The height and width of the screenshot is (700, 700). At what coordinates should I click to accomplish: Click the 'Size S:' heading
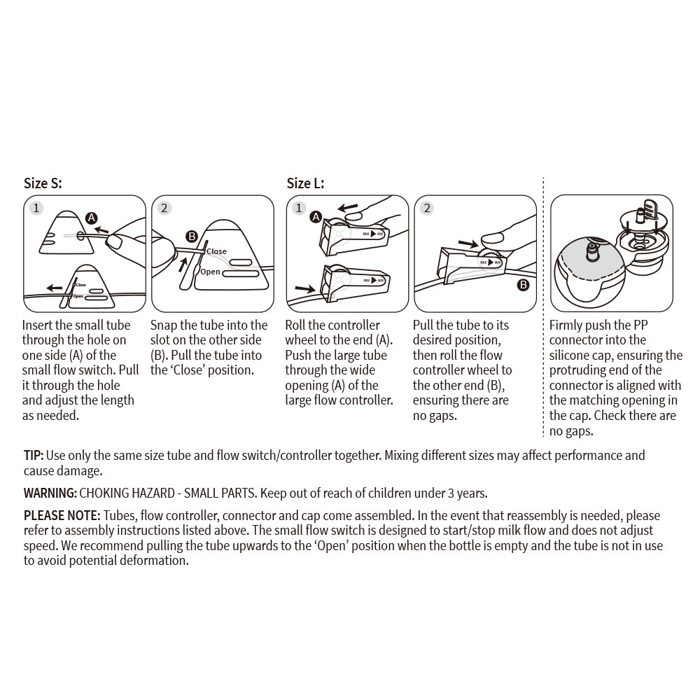(x=43, y=184)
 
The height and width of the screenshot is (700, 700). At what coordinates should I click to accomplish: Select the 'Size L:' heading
(x=305, y=184)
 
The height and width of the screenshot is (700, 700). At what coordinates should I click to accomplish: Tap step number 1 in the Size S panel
(x=37, y=208)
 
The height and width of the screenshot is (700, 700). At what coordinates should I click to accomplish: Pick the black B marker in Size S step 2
(x=191, y=237)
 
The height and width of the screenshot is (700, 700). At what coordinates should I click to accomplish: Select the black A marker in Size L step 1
(x=316, y=217)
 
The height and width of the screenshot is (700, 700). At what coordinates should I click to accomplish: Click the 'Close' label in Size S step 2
(x=216, y=251)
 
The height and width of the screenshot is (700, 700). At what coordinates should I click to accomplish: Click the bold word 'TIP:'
(x=34, y=456)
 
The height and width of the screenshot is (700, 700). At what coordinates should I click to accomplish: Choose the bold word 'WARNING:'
(x=50, y=493)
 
